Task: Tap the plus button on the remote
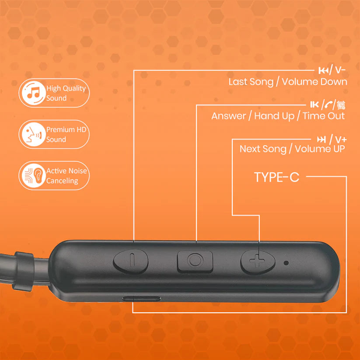257,262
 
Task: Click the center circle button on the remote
195,260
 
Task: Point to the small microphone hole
286,263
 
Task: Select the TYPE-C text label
276,177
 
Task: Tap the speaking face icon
32,134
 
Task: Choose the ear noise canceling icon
32,175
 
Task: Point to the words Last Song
250,82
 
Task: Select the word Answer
229,116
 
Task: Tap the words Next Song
262,149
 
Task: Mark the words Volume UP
320,149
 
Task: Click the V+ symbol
341,140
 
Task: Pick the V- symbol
339,70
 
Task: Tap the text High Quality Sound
66,93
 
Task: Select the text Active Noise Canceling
66,175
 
